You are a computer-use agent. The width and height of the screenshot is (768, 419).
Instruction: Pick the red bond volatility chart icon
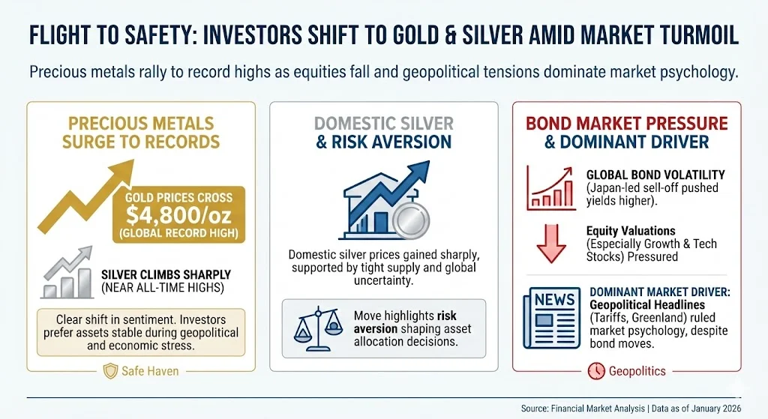point(551,187)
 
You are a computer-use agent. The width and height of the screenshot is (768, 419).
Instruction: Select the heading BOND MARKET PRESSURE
point(625,122)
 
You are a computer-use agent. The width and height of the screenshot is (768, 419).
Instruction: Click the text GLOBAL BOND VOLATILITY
point(655,175)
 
